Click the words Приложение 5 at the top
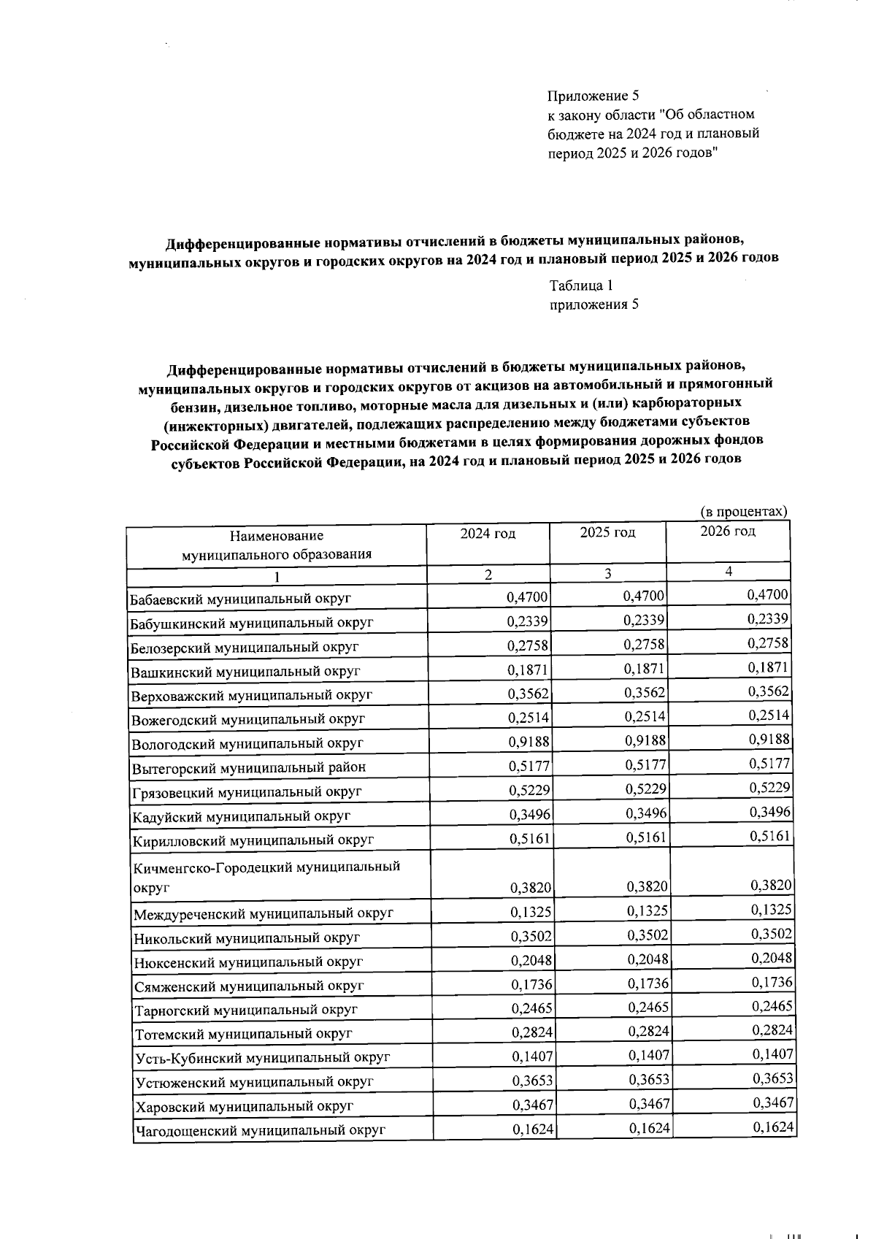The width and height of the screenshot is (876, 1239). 593,96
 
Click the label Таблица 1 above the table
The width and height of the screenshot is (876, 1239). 580,285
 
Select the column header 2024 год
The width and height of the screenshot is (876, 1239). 488,534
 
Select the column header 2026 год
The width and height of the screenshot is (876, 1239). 727,532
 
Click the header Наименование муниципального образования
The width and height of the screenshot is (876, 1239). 276,545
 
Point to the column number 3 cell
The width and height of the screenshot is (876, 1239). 607,574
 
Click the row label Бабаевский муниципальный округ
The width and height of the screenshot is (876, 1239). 241,599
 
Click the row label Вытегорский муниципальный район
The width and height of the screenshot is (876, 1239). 248,767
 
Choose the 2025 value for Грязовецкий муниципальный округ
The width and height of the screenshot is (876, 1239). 646,789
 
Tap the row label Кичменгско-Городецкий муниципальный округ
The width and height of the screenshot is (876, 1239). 266,876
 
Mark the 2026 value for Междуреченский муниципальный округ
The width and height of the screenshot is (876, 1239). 771,910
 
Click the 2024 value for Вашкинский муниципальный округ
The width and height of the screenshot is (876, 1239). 528,670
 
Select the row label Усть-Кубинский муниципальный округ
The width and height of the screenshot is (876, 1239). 263,1057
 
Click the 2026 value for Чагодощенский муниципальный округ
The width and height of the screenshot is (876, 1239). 773,1127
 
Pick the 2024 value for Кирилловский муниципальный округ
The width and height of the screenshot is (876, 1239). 529,838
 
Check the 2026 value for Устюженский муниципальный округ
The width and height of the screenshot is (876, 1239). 772,1078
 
